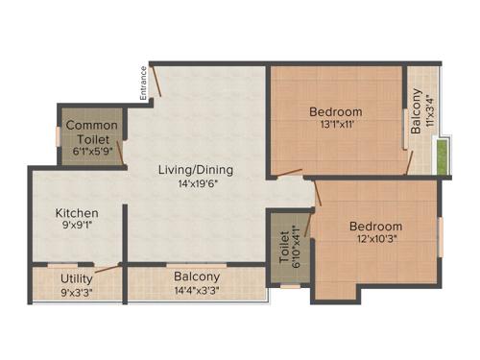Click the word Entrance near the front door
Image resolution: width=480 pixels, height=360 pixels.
tap(142, 83)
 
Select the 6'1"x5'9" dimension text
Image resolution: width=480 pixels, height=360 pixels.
tap(91, 151)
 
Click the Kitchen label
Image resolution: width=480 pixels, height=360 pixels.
tap(77, 212)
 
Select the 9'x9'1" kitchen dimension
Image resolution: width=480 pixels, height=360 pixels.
tap(77, 227)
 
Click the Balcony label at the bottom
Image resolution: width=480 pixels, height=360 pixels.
tap(197, 276)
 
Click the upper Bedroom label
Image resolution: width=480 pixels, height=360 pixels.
tap(336, 111)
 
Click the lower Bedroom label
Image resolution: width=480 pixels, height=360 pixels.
tap(375, 227)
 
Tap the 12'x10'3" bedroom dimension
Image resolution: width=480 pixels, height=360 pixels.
tap(375, 240)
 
